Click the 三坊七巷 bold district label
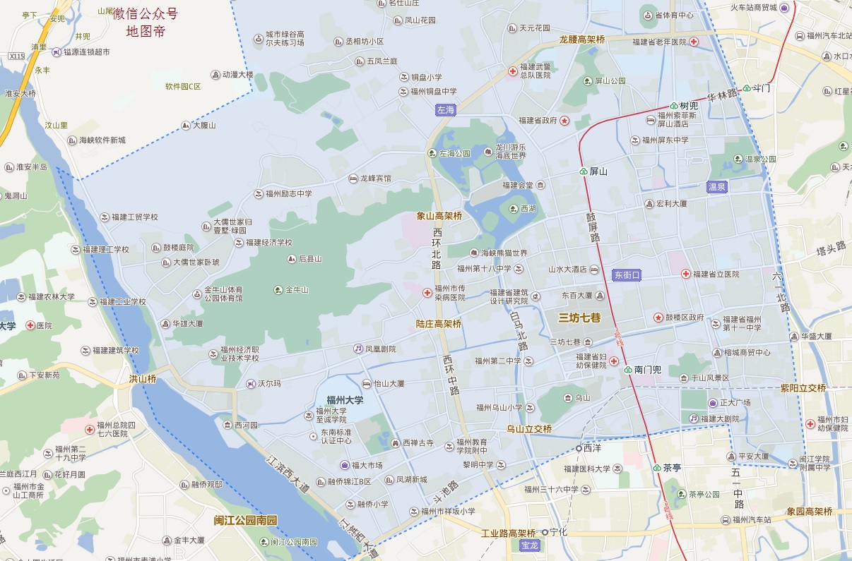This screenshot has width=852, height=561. click(x=579, y=318)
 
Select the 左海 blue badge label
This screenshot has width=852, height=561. click(x=446, y=110)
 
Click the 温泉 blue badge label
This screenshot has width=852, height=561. click(x=717, y=187)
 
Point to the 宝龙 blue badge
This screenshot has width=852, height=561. click(x=529, y=545)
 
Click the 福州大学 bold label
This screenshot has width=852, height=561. click(x=345, y=399)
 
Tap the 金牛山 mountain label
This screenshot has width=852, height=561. click(x=296, y=290)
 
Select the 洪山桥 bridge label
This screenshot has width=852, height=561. click(x=142, y=379)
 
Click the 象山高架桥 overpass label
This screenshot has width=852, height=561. click(x=439, y=216)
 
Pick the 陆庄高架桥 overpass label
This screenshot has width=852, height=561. click(x=439, y=324)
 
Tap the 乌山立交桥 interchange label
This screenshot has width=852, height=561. click(x=529, y=429)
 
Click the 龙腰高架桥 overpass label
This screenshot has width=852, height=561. click(x=582, y=40)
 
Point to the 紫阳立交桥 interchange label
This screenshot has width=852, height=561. click(x=803, y=388)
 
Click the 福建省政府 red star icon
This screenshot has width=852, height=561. click(x=564, y=121)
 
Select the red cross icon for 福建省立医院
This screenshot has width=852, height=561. click(x=685, y=274)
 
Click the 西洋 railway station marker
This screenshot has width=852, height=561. click(x=579, y=448)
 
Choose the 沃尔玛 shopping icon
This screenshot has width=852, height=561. click(x=250, y=384)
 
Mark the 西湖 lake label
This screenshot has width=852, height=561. click(x=528, y=209)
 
